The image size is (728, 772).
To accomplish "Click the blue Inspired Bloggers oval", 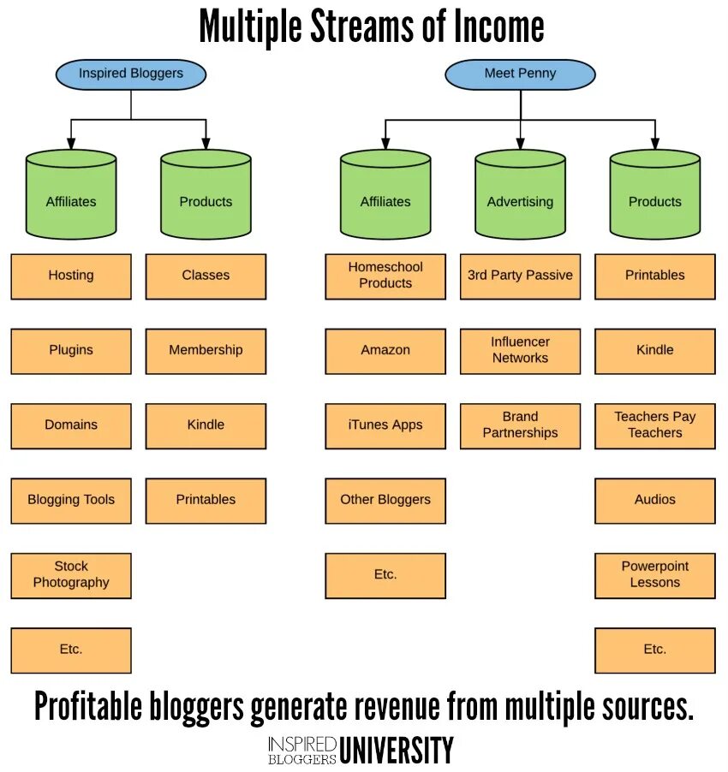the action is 131,74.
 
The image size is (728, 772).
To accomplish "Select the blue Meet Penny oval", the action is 520,74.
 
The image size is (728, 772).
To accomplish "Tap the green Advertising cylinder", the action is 520,197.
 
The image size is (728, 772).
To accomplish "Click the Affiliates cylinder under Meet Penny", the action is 385,197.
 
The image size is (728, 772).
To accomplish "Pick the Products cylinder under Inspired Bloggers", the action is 206,197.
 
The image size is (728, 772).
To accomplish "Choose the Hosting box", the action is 71,276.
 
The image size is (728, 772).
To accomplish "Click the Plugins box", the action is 71,350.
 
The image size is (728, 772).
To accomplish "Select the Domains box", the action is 71,425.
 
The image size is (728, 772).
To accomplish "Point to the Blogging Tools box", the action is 71,500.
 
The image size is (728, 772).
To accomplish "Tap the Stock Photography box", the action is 71,574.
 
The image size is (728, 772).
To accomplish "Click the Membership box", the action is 206,350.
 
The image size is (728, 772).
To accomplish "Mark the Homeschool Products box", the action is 385,276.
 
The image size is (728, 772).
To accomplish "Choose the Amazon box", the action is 385,350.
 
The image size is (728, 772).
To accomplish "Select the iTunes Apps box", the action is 385,425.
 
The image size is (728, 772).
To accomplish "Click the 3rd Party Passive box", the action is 520,276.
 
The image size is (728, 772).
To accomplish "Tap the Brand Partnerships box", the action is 520,425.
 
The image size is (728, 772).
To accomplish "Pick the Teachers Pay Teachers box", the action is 655,425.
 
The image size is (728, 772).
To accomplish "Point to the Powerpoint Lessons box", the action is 655,574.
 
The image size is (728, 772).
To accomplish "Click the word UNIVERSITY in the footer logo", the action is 396,751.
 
